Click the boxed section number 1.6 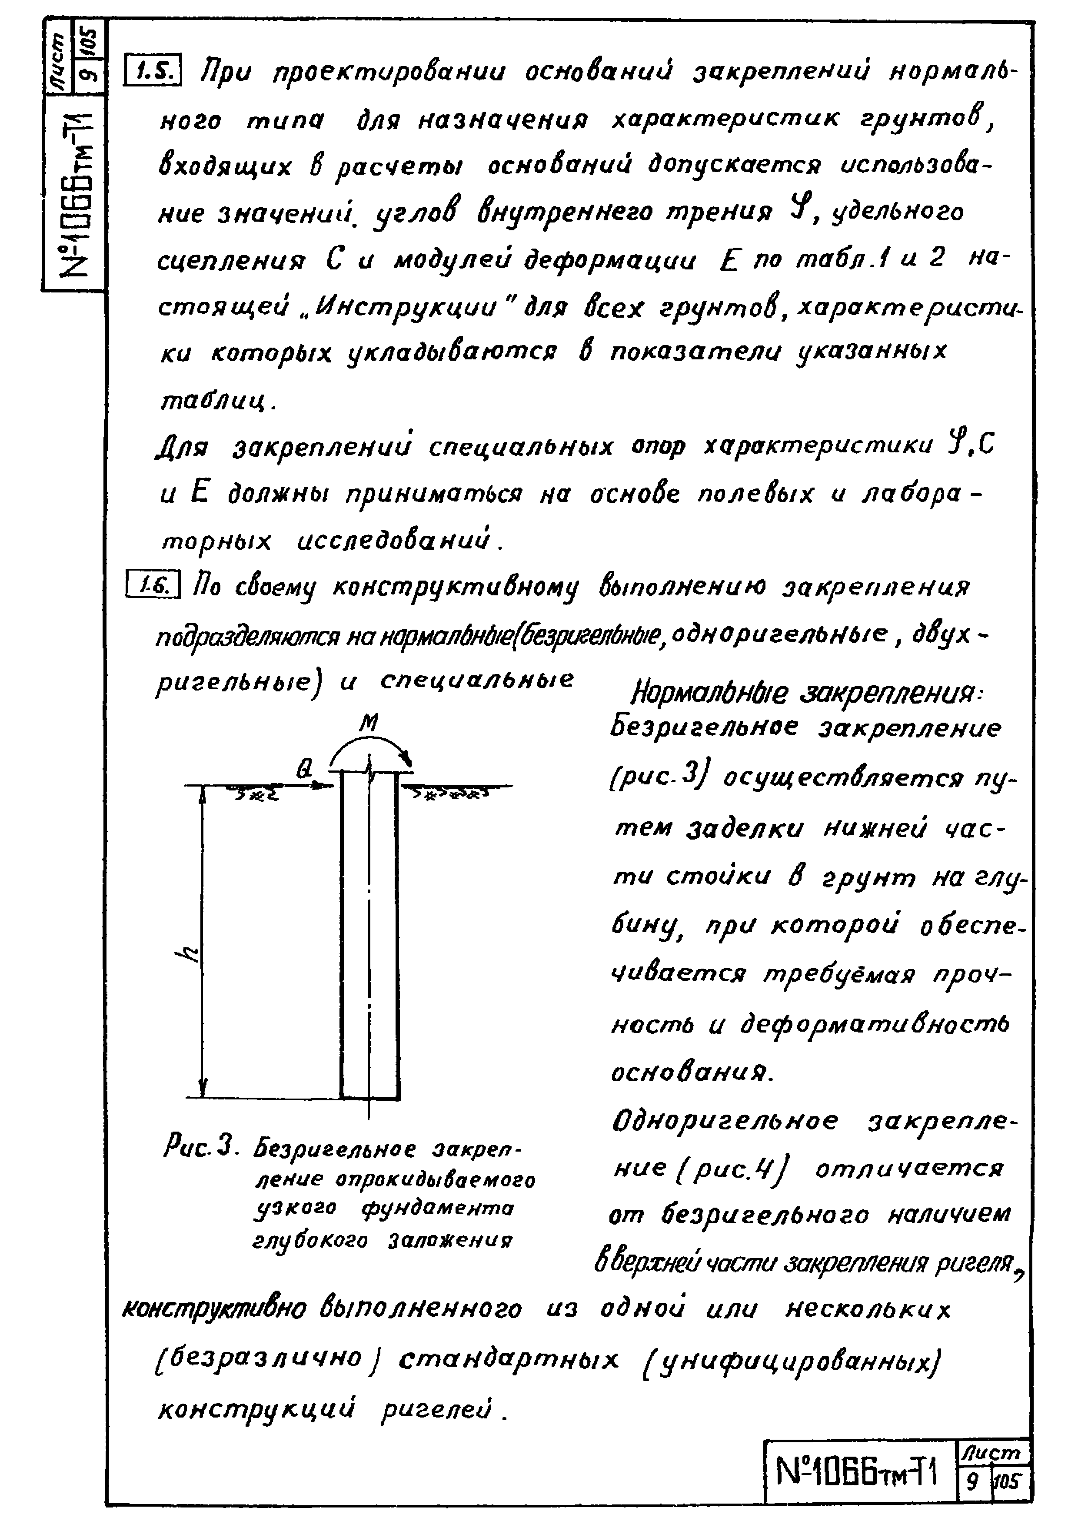tap(152, 585)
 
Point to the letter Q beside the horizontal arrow tap(303, 769)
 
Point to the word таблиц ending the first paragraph tap(216, 401)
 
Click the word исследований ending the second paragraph tap(397, 541)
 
